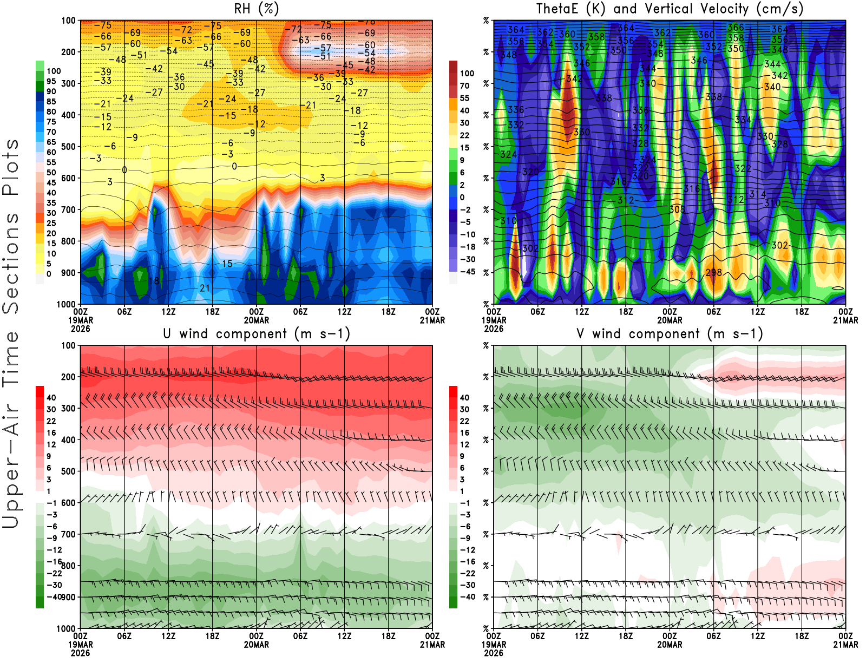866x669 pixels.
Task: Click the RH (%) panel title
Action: (257, 9)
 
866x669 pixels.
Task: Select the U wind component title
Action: (257, 334)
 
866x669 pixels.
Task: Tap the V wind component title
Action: (670, 334)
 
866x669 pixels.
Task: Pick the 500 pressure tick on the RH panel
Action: (68, 147)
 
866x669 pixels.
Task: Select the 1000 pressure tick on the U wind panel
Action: (66, 628)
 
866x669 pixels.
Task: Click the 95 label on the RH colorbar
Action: (51, 81)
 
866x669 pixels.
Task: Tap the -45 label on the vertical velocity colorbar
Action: (468, 272)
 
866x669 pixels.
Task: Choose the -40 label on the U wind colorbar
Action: (54, 597)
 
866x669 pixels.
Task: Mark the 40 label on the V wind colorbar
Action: (464, 398)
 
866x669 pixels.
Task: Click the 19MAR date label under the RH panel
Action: (81, 320)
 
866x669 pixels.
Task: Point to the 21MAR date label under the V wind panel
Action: (845, 645)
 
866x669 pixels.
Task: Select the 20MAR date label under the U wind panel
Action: (257, 645)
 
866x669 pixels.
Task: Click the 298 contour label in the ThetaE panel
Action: (714, 272)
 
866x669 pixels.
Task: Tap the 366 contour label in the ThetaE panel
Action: (736, 27)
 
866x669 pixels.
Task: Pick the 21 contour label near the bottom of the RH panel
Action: (205, 288)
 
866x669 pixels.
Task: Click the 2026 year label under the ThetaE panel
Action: (494, 329)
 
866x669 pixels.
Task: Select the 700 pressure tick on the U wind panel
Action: (68, 534)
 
